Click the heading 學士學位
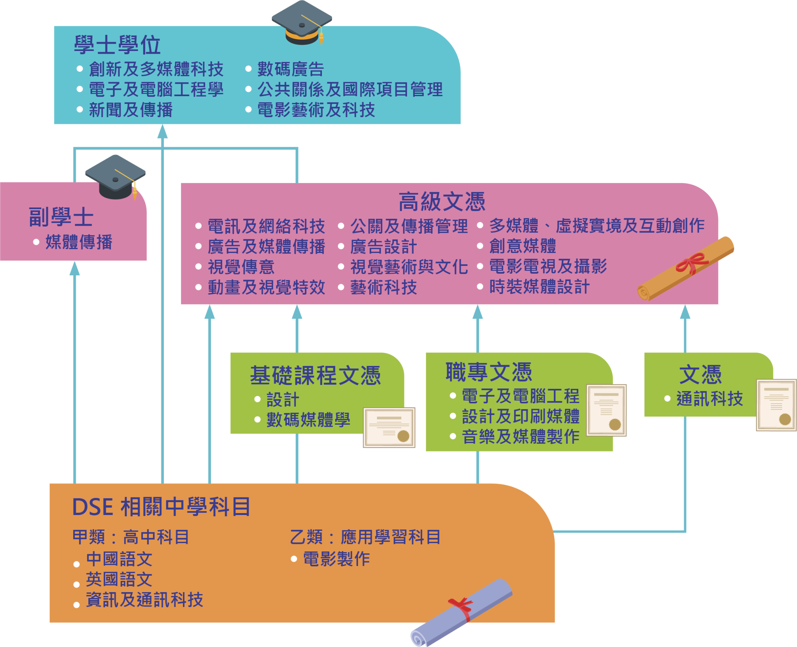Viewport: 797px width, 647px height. (x=117, y=45)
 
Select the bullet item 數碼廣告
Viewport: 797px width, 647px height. (x=290, y=69)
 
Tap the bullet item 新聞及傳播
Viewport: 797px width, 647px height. (x=131, y=110)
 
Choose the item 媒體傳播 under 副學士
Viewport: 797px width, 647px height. (x=79, y=242)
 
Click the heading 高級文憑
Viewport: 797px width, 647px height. (x=442, y=202)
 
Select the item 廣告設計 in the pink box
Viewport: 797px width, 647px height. (x=383, y=247)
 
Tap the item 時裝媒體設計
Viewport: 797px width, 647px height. (x=539, y=287)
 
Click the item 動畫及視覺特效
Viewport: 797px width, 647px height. (x=266, y=287)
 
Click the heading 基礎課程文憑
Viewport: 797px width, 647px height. (x=315, y=375)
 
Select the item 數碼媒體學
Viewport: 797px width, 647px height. (x=308, y=420)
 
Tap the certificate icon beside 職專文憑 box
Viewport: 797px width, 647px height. (x=606, y=410)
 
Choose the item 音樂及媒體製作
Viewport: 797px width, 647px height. (x=521, y=436)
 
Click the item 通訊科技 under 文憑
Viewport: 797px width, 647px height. (x=709, y=399)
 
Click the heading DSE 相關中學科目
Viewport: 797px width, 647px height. (x=161, y=507)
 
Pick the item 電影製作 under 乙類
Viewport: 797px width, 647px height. (x=336, y=559)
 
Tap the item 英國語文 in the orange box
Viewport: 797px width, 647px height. (x=119, y=579)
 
